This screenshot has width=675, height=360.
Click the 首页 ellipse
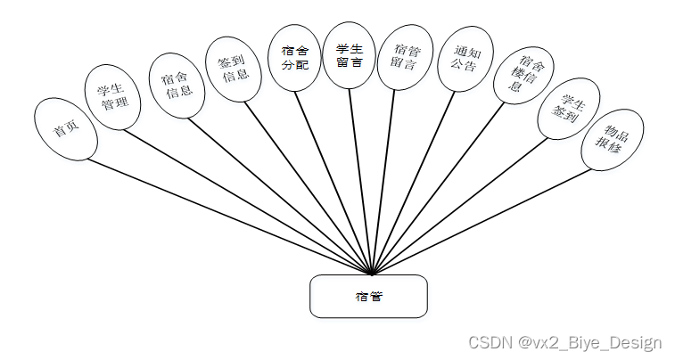64,129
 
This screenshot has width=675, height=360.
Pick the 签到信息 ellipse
233,69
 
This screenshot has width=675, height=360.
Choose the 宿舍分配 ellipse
294,56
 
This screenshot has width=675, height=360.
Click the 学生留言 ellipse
349,54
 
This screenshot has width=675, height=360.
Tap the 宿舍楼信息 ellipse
523,75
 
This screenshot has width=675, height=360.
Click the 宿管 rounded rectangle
368,296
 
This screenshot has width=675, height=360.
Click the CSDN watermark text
564,342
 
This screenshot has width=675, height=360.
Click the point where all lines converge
370,274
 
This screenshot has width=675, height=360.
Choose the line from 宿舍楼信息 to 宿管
440,188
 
